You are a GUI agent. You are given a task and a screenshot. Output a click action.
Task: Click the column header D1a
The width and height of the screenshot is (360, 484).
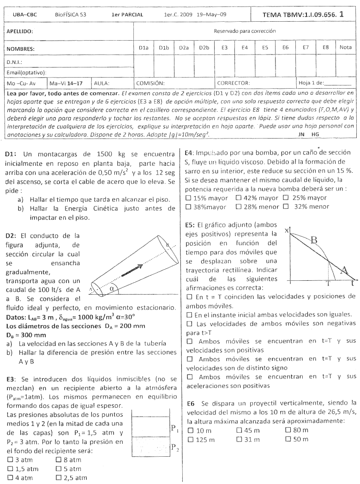pos(144,47)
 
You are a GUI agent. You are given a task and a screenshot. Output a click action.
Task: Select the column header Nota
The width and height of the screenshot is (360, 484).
pos(345,47)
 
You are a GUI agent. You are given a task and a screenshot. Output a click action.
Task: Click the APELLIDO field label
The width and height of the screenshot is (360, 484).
pos(20,32)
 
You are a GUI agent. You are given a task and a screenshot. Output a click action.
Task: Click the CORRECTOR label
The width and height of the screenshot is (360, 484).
pos(234,83)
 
